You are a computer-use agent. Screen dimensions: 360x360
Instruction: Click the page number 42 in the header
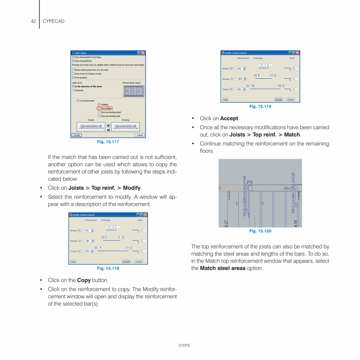33,21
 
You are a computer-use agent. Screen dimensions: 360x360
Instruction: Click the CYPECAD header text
53,21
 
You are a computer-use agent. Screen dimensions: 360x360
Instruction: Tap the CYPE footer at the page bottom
184,346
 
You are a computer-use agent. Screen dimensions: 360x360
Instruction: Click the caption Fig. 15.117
108,142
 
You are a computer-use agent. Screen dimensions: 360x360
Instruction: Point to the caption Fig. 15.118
108,268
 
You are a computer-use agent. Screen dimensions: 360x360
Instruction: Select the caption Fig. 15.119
260,106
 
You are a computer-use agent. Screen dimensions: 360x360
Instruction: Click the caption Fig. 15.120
260,231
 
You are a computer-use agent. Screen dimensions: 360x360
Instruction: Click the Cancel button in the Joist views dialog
140,135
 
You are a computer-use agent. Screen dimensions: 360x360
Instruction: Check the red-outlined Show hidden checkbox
99,108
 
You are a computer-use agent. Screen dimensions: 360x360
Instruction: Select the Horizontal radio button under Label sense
73,90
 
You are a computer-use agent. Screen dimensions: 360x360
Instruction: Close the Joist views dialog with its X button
143,53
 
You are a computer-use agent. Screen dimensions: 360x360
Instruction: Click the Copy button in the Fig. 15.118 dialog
73,261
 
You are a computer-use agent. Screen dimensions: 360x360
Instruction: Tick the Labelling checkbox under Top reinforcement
99,104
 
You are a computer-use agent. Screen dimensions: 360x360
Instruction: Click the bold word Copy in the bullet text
84,281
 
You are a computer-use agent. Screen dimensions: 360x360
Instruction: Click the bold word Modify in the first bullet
132,188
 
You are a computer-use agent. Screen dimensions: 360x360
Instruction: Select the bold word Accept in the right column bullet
229,119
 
